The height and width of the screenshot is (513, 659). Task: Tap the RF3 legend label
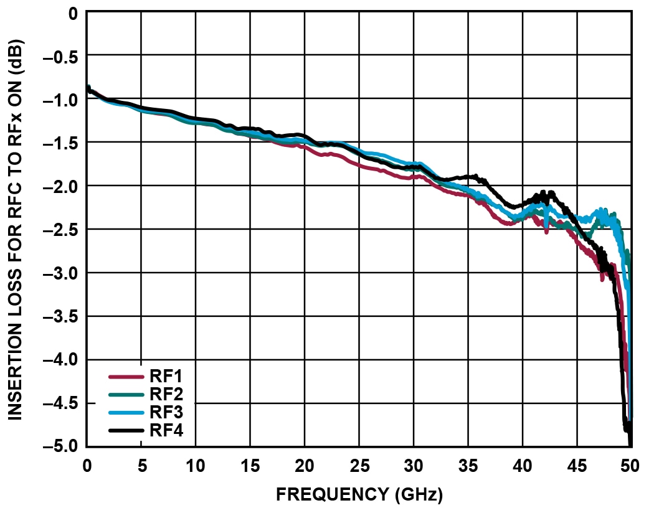point(165,412)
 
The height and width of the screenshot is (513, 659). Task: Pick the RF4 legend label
point(165,430)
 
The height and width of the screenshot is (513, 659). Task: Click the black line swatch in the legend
point(127,430)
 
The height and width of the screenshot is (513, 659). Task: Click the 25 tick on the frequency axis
point(359,465)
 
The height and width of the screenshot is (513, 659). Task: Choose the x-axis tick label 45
point(577,465)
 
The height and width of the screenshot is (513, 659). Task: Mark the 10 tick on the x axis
point(196,465)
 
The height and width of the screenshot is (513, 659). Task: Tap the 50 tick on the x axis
point(630,465)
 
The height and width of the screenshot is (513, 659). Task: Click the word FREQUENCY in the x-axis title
point(331,495)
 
